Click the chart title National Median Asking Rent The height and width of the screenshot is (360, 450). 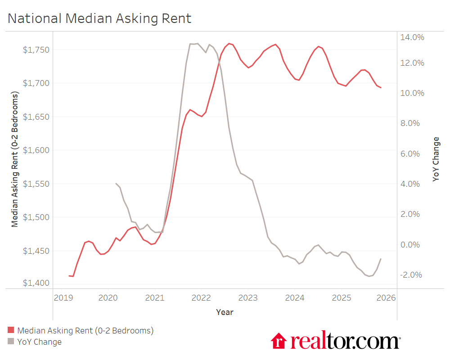(x=99, y=18)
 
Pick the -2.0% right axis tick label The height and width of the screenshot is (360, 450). (x=411, y=275)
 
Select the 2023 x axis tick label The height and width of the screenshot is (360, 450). (x=248, y=298)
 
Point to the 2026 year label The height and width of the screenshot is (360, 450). (x=386, y=298)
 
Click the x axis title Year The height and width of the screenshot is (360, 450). (x=225, y=312)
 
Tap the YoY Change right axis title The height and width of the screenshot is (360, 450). (x=436, y=159)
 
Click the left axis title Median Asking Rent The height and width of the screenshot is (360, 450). (x=15, y=159)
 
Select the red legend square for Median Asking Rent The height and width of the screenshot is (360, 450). (x=11, y=331)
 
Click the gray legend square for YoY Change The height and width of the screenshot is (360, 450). (x=11, y=342)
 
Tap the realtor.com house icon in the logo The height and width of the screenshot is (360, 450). (x=279, y=341)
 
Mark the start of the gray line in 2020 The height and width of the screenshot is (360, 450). (x=116, y=184)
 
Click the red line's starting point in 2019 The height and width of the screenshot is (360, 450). (x=69, y=276)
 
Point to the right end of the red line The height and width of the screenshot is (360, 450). (x=381, y=88)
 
